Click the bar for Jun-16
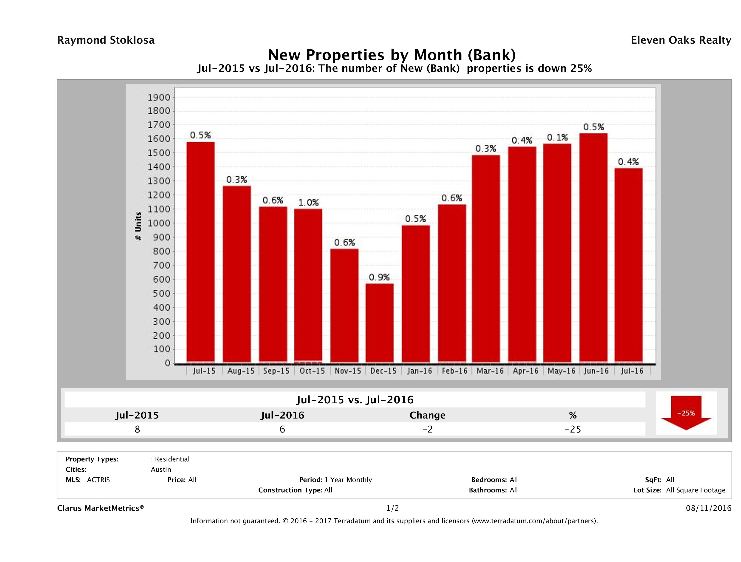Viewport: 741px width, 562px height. [593, 248]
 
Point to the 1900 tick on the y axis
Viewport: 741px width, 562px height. [159, 98]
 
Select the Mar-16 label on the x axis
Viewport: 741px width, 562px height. [490, 371]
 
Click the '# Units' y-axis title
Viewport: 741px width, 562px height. [138, 226]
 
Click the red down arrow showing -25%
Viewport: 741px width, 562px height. [686, 413]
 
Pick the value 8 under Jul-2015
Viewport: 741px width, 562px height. [137, 429]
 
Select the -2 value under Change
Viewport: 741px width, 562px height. [428, 429]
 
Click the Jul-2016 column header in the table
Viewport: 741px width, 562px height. [282, 415]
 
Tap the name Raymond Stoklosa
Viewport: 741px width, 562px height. [106, 40]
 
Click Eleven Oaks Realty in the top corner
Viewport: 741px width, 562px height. [681, 40]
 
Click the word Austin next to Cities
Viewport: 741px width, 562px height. [161, 469]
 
